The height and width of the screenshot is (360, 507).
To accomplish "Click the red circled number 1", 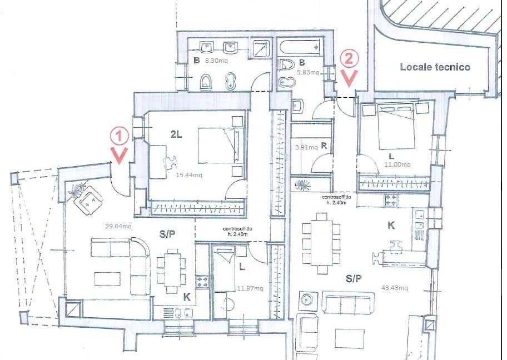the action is tap(119, 136).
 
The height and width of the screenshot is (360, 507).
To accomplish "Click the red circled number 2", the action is tap(349, 59).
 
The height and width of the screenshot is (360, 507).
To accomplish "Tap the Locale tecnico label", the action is tap(435, 67).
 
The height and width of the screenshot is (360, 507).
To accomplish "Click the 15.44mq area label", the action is tap(189, 175).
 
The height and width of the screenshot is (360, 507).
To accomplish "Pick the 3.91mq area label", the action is tap(306, 147).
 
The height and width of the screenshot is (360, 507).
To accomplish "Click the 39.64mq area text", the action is tap(118, 226).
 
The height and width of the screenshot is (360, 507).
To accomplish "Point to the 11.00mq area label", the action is tap(397, 164).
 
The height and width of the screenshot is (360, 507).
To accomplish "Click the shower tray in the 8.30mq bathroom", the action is tap(261, 49).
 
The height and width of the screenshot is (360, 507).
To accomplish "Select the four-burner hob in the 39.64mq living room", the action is tap(203, 281).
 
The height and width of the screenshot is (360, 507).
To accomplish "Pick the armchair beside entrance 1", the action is tap(88, 201).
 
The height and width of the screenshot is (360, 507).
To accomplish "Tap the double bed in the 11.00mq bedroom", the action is tap(396, 128).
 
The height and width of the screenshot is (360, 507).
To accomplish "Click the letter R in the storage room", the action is tap(324, 146).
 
